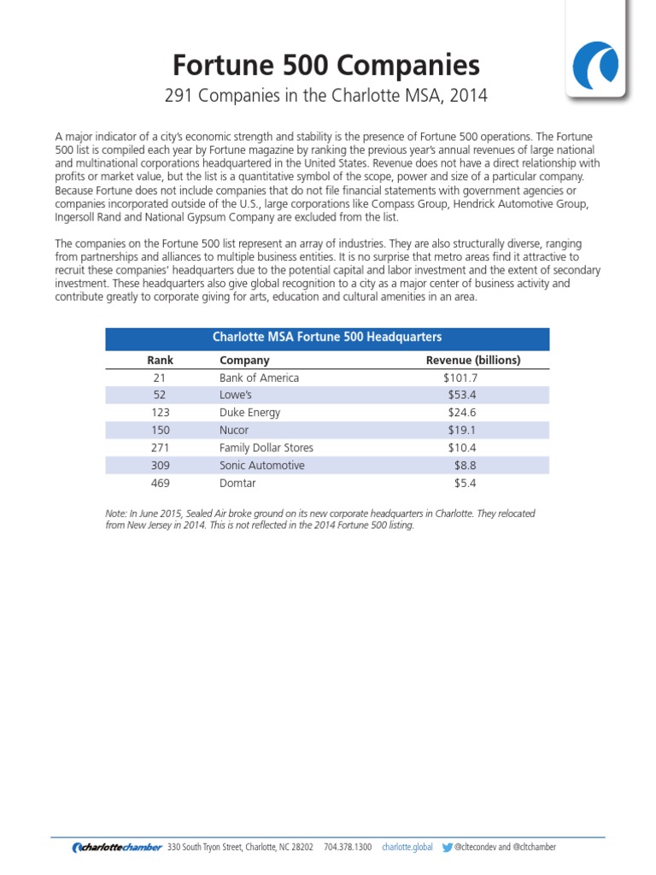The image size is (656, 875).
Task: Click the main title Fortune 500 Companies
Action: (326, 65)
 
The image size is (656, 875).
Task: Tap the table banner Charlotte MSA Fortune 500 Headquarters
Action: (327, 337)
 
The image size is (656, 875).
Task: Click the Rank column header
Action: (161, 360)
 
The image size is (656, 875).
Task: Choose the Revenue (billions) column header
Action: (472, 360)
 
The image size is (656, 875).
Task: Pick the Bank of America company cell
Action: (260, 377)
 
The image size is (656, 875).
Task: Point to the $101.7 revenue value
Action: (460, 377)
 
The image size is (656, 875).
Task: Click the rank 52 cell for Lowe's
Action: (160, 395)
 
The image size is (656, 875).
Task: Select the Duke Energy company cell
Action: (249, 412)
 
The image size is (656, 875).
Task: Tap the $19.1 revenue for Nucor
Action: (462, 430)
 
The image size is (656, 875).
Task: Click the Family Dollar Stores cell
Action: (266, 448)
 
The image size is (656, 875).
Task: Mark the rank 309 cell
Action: (160, 466)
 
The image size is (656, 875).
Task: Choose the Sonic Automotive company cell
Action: (261, 466)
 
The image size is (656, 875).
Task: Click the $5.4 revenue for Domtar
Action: (464, 483)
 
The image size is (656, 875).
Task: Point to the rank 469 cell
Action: (160, 483)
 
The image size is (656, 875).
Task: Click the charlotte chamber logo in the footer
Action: (117, 847)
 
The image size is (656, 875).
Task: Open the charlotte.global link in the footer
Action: (407, 847)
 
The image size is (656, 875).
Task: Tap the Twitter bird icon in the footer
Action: (448, 847)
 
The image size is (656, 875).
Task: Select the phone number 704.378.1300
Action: (348, 847)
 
